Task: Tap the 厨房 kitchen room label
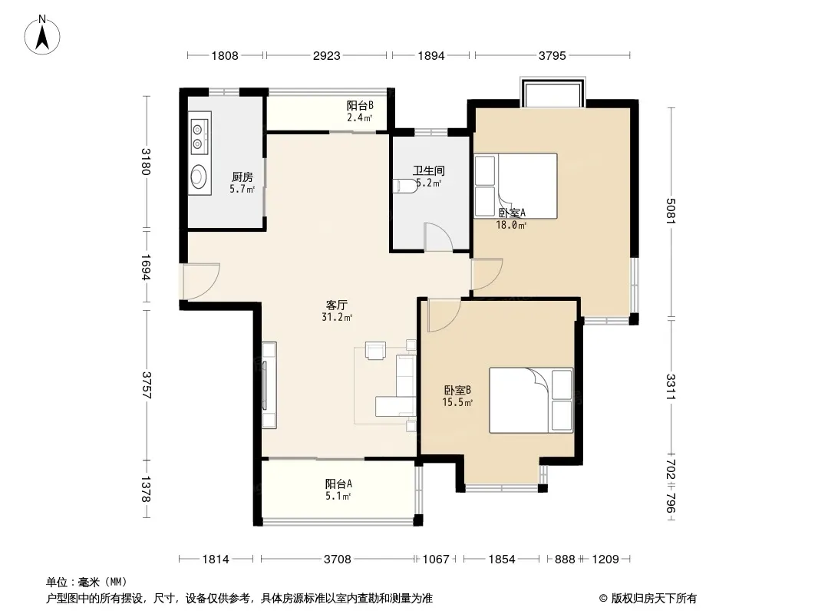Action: pyautogui.click(x=242, y=177)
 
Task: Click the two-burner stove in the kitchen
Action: pyautogui.click(x=199, y=137)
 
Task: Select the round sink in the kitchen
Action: pyautogui.click(x=199, y=176)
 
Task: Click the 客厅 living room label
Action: pyautogui.click(x=337, y=305)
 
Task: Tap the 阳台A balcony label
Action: pyautogui.click(x=338, y=484)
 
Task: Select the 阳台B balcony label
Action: pyautogui.click(x=360, y=105)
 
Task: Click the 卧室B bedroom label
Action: pyautogui.click(x=457, y=390)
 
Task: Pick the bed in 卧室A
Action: pyautogui.click(x=516, y=186)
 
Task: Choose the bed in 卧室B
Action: pyautogui.click(x=531, y=400)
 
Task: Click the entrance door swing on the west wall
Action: pyautogui.click(x=200, y=282)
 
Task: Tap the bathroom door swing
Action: pyautogui.click(x=438, y=237)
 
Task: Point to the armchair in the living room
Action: pyautogui.click(x=375, y=351)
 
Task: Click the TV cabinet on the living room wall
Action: pyautogui.click(x=269, y=385)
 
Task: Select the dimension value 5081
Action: pyautogui.click(x=671, y=211)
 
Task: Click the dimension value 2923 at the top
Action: pyautogui.click(x=327, y=55)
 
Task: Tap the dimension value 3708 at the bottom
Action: pyautogui.click(x=338, y=560)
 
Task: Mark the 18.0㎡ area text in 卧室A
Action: pyautogui.click(x=511, y=226)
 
